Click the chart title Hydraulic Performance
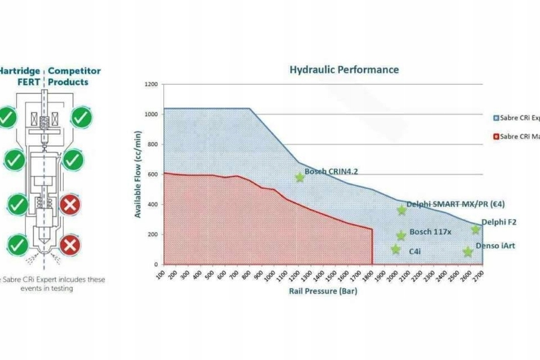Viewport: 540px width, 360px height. [x=344, y=69]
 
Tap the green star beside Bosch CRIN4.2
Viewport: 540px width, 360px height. [x=300, y=177]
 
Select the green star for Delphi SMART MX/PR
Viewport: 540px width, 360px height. [x=402, y=210]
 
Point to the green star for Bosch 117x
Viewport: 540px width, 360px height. [x=401, y=236]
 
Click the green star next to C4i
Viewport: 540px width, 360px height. [x=395, y=249]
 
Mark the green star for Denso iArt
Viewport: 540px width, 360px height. [x=467, y=251]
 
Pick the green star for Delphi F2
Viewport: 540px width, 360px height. [x=476, y=230]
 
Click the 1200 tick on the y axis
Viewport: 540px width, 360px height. [x=151, y=84]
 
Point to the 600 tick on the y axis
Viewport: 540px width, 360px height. [x=153, y=174]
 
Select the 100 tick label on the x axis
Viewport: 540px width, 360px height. [x=160, y=273]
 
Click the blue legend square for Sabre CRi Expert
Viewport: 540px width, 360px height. [x=496, y=118]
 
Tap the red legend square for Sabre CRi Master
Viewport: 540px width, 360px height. [x=496, y=137]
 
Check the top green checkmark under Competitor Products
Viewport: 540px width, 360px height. [x=81, y=117]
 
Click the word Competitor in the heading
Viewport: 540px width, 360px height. [x=75, y=71]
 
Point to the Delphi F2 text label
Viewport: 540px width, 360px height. [x=499, y=222]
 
